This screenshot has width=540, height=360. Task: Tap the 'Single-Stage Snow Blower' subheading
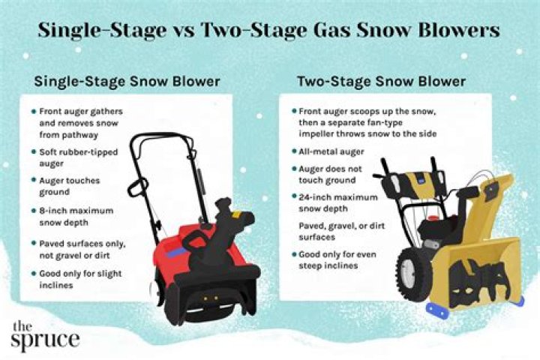[127, 82]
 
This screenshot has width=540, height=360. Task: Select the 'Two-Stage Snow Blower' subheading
[382, 82]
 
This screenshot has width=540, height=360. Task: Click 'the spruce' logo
[45, 337]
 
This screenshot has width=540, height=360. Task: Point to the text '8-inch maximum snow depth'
[76, 216]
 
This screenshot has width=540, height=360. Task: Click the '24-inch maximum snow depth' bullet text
[338, 202]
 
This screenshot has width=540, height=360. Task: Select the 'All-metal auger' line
[331, 151]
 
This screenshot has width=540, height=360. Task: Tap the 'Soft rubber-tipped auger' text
[79, 157]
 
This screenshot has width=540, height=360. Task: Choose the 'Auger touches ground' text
[70, 186]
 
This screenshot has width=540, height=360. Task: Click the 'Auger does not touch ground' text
[330, 174]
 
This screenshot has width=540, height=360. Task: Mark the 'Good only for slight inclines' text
[80, 279]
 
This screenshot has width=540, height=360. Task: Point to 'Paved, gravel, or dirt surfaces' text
[342, 231]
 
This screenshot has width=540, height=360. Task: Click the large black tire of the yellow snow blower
[414, 274]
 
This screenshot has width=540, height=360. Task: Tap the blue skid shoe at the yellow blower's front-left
[439, 310]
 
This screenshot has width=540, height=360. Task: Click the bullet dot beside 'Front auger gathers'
[34, 111]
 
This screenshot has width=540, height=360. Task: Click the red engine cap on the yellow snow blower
[433, 219]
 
